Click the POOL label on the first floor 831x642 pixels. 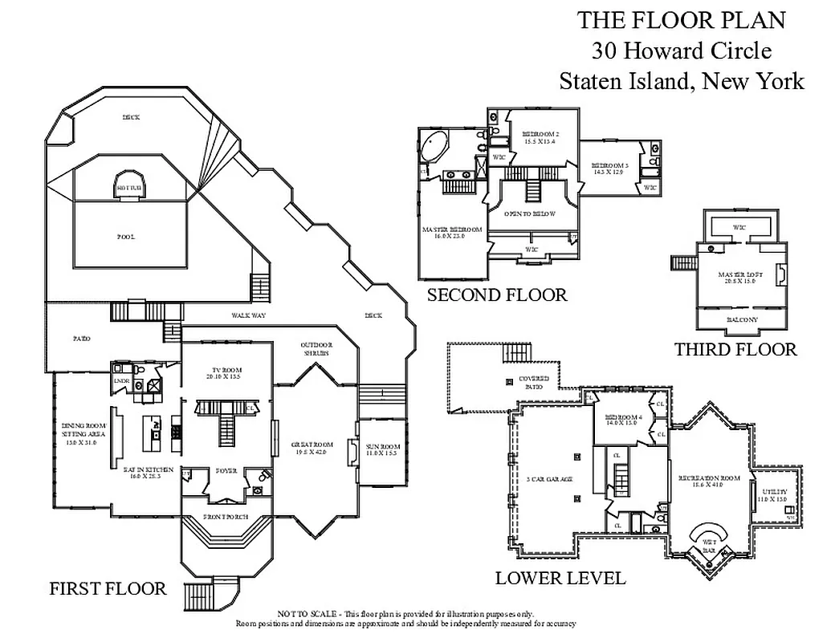pos(125,237)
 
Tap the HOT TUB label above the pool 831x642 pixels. pos(128,188)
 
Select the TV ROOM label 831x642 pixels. pos(226,372)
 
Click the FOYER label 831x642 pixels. pos(226,471)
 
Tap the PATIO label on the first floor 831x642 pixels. pos(81,338)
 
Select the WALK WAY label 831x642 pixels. pos(248,315)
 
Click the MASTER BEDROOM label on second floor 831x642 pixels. pos(451,232)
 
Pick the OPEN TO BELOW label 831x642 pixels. pos(530,214)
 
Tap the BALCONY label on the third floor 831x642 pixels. pos(741,319)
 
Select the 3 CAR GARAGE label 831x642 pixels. pos(549,479)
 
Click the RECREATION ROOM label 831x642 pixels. pos(706,481)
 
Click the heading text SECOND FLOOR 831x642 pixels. pos(496,295)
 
